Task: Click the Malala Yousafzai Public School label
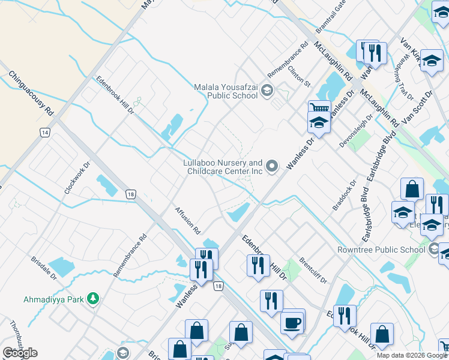click(226, 91)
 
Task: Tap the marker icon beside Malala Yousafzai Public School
click(267, 91)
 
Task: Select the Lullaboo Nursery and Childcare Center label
click(223, 167)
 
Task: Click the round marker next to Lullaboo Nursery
click(273, 167)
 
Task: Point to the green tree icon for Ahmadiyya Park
click(92, 298)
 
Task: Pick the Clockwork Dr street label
click(77, 177)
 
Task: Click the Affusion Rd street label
click(187, 220)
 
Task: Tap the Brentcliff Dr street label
click(312, 270)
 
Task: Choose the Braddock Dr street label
click(345, 196)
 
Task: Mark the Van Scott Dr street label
click(418, 109)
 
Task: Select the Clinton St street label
click(298, 76)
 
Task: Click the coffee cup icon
click(292, 323)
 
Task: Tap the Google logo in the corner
click(20, 353)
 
